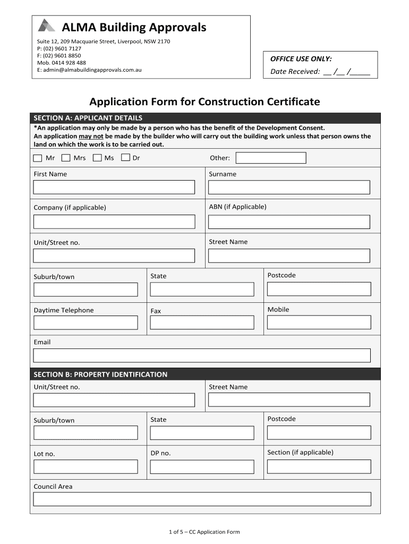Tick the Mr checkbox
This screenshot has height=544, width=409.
pyautogui.click(x=37, y=158)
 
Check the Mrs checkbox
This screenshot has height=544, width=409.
pyautogui.click(x=66, y=158)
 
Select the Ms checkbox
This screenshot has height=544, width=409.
pyautogui.click(x=97, y=158)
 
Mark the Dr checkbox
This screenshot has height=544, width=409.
pyautogui.click(x=125, y=158)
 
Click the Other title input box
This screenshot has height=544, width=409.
pyautogui.click(x=271, y=158)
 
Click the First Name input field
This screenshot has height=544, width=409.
pyautogui.click(x=114, y=187)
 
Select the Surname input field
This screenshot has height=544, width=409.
pyautogui.click(x=289, y=187)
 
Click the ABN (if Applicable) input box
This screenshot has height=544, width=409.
pyautogui.click(x=289, y=222)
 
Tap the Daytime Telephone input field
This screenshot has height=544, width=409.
pyautogui.click(x=86, y=322)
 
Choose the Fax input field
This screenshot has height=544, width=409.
pyautogui.click(x=202, y=322)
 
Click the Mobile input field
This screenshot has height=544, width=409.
pyautogui.click(x=319, y=322)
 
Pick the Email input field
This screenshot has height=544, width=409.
pyautogui.click(x=202, y=355)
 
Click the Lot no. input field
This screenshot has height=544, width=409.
pyautogui.click(x=86, y=466)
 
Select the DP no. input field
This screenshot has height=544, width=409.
pyautogui.click(x=202, y=466)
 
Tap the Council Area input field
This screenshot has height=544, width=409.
pyautogui.click(x=202, y=499)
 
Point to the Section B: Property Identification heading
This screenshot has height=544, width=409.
pyautogui.click(x=100, y=375)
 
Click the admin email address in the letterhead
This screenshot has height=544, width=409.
pyautogui.click(x=89, y=70)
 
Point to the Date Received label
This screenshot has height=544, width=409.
pyautogui.click(x=295, y=72)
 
